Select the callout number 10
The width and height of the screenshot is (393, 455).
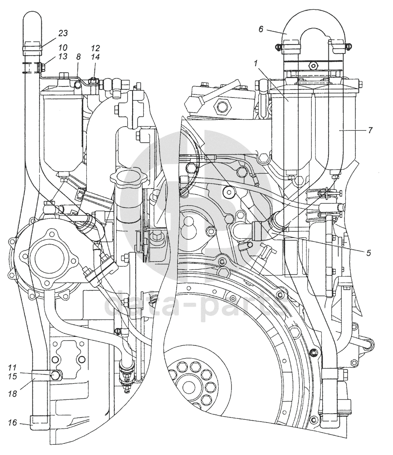(62, 47)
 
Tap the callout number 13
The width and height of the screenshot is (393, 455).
(62, 57)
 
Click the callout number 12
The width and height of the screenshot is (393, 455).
(95, 47)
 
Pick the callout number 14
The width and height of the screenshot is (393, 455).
(95, 57)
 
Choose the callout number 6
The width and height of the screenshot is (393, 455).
(261, 29)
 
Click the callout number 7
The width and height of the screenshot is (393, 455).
(370, 130)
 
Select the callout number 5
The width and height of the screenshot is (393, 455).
(369, 253)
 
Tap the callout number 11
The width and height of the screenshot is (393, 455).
(12, 368)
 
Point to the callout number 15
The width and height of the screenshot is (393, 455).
(12, 377)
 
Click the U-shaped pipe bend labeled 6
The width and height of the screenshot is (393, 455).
(315, 22)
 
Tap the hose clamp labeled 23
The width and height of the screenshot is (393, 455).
(32, 45)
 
